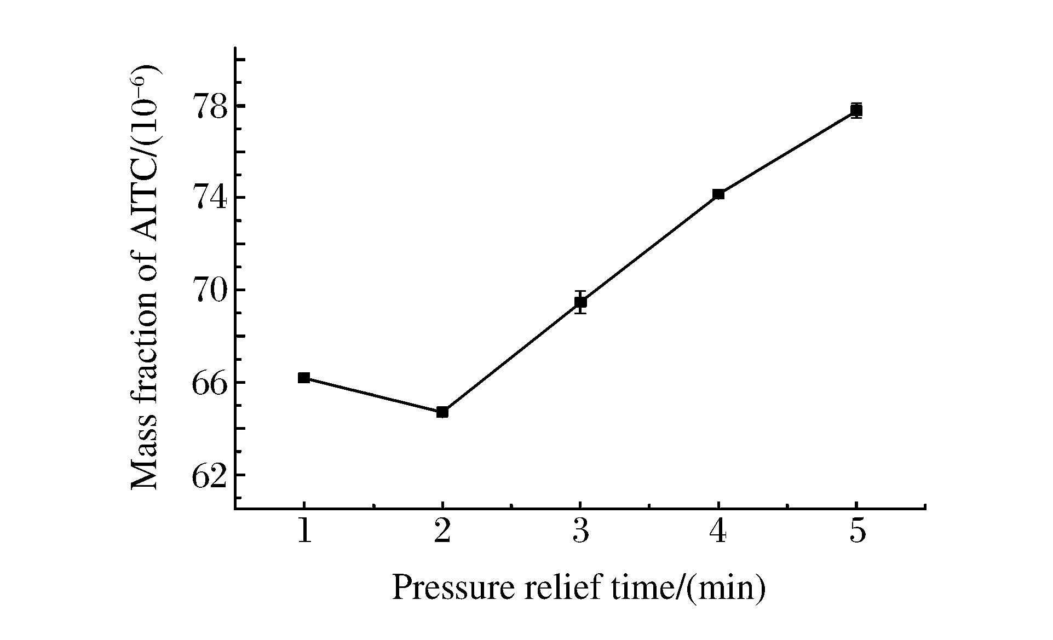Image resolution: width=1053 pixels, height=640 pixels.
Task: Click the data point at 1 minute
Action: tap(304, 378)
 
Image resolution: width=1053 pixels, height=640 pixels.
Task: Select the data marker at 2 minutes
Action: tap(442, 412)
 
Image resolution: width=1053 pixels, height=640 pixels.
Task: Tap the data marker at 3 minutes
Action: tap(580, 302)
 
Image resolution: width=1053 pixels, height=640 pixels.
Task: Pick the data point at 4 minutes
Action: tap(718, 194)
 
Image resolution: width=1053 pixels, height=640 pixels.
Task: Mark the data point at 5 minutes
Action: tap(856, 111)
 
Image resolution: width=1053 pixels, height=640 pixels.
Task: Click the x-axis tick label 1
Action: tap(304, 531)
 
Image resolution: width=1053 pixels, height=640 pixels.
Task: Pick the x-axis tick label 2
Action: tap(442, 531)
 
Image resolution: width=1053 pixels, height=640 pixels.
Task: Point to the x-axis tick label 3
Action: tap(581, 531)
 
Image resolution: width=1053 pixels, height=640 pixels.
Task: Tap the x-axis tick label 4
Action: tap(719, 531)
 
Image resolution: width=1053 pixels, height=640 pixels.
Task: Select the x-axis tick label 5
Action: tap(858, 531)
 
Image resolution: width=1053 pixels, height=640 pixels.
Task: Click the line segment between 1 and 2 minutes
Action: tap(373, 395)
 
